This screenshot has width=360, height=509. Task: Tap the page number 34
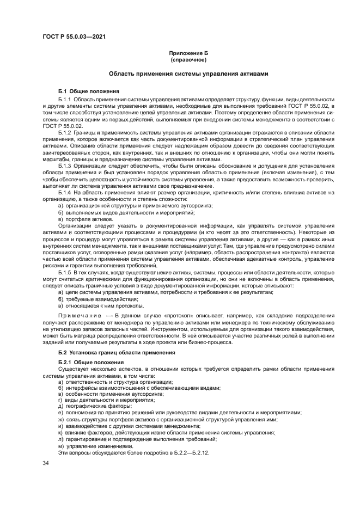[x=46, y=463]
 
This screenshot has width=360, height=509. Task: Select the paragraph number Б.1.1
[x=65, y=99]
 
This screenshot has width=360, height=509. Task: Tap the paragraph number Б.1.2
[x=65, y=132]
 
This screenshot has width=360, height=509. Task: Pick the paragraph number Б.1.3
[x=65, y=165]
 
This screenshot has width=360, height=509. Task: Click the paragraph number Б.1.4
[x=65, y=192]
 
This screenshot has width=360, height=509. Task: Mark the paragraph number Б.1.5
[x=65, y=272]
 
